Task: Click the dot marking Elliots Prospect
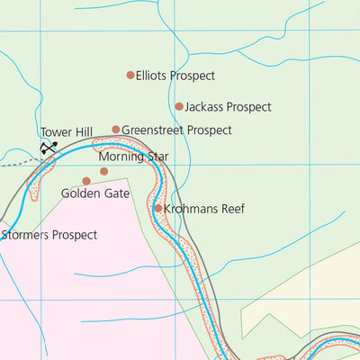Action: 130,76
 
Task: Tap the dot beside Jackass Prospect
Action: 179,106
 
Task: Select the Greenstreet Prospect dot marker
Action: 116,130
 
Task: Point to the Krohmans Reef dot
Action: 158,208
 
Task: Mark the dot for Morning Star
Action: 103,171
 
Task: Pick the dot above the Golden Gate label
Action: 86,181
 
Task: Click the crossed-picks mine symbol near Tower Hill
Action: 49,147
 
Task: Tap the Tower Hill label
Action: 67,133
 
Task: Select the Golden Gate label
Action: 95,193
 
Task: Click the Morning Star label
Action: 134,157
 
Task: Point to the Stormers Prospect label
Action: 49,236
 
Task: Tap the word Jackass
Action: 203,107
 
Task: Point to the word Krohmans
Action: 192,209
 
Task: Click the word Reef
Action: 233,209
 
